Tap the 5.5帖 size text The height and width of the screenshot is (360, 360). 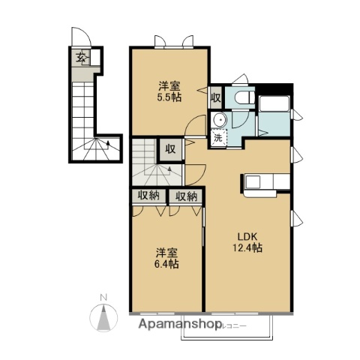tap(168, 97)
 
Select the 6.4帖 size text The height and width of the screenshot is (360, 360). tap(167, 264)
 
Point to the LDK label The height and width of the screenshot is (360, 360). tap(247, 235)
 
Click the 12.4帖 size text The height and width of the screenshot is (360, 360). tap(247, 247)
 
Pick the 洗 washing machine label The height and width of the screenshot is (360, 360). tap(217, 137)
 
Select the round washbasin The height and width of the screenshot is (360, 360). tap(220, 120)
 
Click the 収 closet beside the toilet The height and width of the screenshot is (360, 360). tap(215, 97)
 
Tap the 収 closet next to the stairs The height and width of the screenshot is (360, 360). tap(170, 148)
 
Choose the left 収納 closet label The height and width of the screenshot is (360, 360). tap(148, 196)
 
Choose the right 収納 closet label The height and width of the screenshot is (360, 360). tap(186, 196)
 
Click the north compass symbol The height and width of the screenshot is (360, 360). tap(105, 316)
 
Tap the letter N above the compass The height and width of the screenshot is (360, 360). tap(105, 295)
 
